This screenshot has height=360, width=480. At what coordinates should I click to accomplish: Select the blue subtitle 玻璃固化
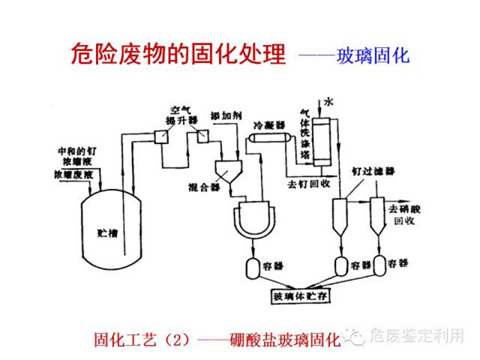point(377,56)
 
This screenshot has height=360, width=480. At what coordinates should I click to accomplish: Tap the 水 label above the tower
point(328,101)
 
